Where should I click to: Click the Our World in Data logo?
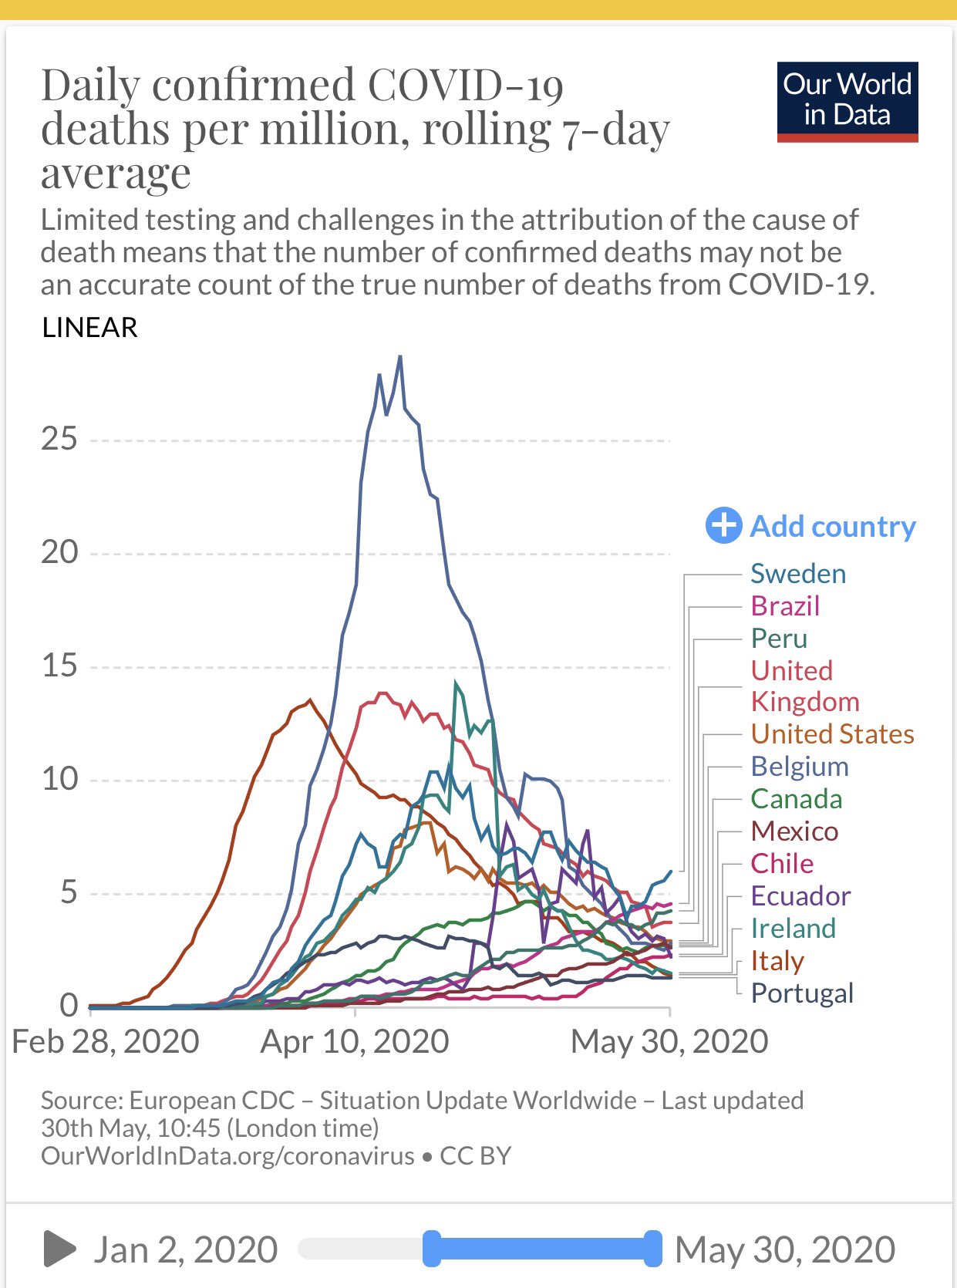tap(847, 102)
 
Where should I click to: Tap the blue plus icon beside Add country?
tap(723, 526)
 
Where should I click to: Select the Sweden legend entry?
tap(797, 574)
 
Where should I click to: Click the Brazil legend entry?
tap(784, 606)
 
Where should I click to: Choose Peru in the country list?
tap(779, 639)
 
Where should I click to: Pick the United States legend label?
tap(832, 734)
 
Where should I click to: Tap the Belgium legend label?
tap(799, 767)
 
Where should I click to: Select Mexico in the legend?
tap(794, 831)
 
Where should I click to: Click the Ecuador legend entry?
tap(800, 896)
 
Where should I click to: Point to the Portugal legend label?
tap(802, 993)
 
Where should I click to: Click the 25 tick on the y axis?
tap(59, 440)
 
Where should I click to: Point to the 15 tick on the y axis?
tap(59, 666)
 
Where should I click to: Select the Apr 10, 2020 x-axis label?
tap(355, 1042)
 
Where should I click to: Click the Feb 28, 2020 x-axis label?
tap(106, 1042)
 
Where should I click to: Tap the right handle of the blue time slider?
tap(652, 1249)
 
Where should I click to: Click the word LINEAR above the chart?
tap(89, 328)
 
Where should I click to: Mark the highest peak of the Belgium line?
tap(399, 356)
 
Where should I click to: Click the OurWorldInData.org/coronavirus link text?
tap(227, 1156)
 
